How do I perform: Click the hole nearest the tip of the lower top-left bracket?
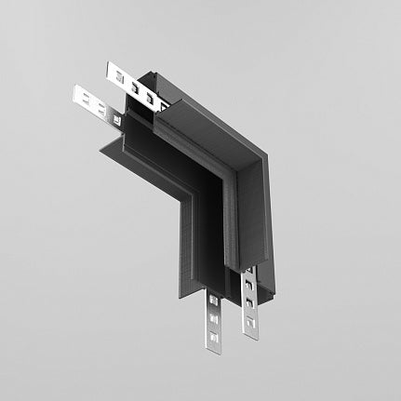click(x=81, y=93)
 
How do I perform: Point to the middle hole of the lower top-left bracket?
click(x=93, y=100)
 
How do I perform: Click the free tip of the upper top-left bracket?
click(x=110, y=68)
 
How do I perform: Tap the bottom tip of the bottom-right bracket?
click(x=249, y=335)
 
